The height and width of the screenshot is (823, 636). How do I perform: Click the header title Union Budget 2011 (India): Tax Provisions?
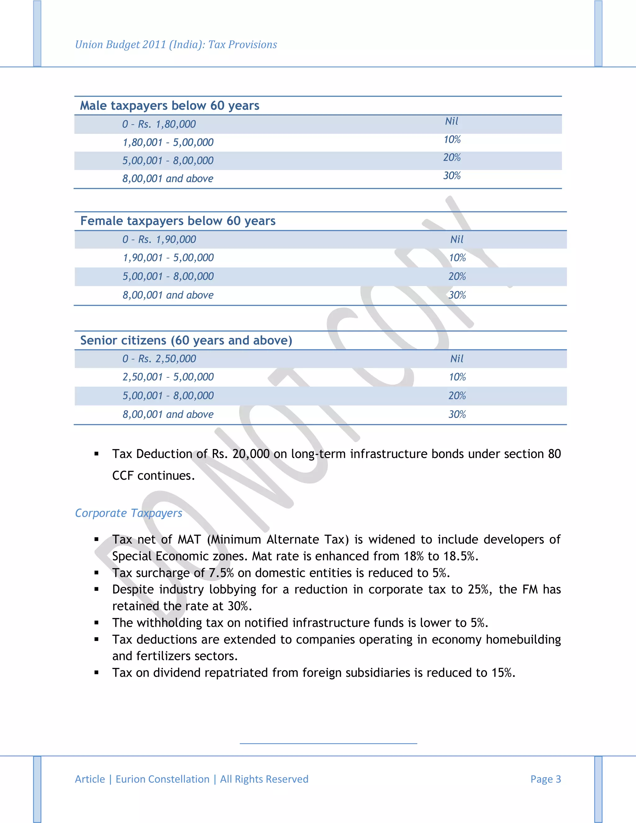[176, 44]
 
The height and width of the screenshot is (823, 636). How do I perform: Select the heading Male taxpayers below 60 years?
[170, 106]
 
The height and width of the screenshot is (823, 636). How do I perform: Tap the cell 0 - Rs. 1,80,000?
[159, 124]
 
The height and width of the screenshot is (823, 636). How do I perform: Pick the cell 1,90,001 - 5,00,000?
[168, 258]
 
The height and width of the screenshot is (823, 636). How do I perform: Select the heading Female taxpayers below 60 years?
[178, 221]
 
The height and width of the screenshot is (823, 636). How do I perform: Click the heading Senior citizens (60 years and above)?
[186, 340]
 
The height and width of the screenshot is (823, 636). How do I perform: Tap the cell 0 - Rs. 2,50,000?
[159, 359]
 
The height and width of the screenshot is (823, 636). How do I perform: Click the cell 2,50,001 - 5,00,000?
[168, 377]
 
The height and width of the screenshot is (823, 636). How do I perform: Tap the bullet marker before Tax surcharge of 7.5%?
[97, 573]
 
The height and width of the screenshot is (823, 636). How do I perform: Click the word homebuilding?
[523, 639]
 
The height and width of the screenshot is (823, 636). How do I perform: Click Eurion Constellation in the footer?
[162, 779]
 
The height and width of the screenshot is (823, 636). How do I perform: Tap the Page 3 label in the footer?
[546, 779]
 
